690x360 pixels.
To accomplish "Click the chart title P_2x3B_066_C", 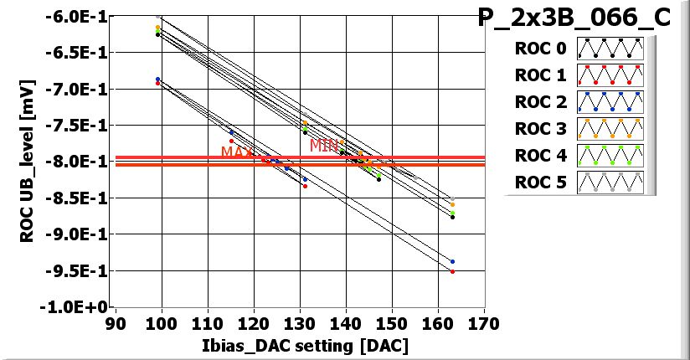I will click(x=574, y=18).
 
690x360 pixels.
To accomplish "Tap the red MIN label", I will click(x=323, y=145).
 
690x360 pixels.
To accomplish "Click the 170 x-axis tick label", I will click(x=483, y=322).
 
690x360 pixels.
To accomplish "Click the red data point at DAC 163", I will click(x=452, y=271).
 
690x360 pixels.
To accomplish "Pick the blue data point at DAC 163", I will click(x=452, y=261).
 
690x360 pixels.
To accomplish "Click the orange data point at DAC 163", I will click(x=452, y=204).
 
